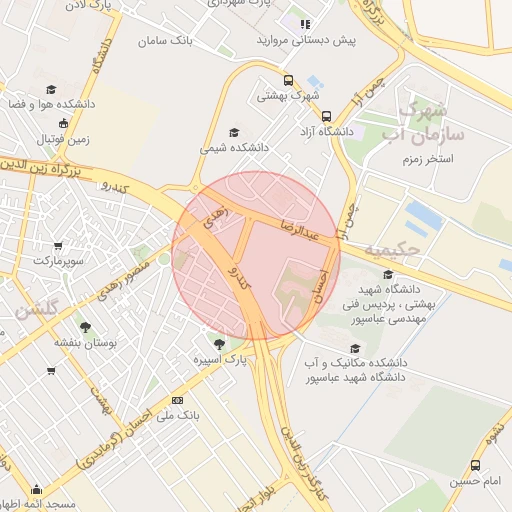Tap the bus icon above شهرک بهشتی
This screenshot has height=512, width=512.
pos(288,81)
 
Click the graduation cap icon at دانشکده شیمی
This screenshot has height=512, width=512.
pos(234,132)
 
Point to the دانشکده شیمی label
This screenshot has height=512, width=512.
pos(234,147)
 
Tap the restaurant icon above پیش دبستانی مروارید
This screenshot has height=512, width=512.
pos(305,23)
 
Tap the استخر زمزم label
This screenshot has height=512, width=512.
pos(428,159)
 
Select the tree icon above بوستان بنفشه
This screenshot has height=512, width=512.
pos(85,326)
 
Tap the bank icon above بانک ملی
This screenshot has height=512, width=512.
pos(178,400)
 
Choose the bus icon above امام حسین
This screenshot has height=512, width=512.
pos(475,465)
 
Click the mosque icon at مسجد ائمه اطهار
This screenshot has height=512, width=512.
pos(37,489)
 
